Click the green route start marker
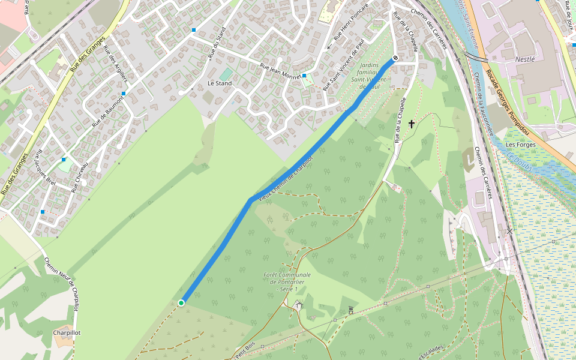tap(181, 303)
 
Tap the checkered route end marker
tap(394, 59)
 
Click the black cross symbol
tap(412, 124)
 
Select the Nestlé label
tap(525, 59)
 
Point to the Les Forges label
tap(520, 145)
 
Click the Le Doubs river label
tap(519, 163)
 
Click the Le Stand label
tap(219, 83)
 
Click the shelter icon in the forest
tap(299, 305)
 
